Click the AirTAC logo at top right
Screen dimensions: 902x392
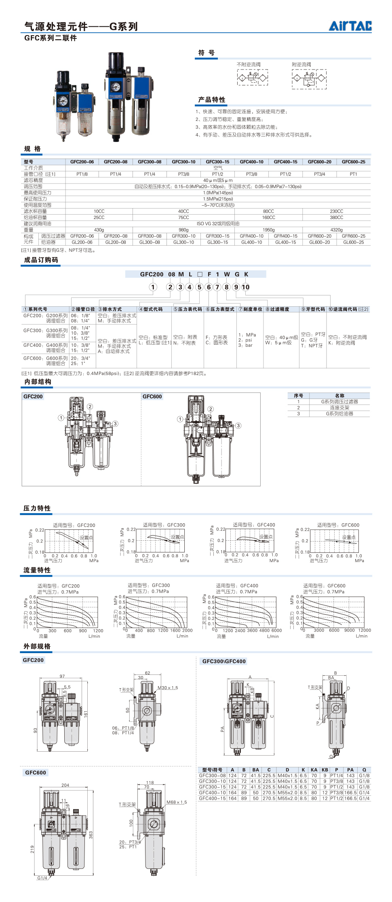coord(350,26)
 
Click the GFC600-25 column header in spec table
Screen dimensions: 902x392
coord(353,162)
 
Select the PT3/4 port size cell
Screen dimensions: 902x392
coord(319,174)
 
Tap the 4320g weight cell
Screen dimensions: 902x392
coord(336,230)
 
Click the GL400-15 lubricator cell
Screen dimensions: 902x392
coord(285,242)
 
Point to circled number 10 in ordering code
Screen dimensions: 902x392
coord(245,287)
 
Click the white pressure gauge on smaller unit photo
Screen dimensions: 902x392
coord(63,101)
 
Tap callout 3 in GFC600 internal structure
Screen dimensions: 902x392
coord(238,426)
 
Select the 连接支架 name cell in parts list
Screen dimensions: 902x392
coord(339,408)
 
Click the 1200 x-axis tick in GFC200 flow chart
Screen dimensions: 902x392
coord(98,631)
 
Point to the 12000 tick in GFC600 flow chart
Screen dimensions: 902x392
coord(364,630)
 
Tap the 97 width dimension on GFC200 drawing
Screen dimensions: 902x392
coord(62,676)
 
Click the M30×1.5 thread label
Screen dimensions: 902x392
coord(168,688)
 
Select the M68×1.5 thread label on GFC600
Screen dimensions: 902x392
coord(177,802)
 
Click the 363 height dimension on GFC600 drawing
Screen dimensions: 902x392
coord(91,834)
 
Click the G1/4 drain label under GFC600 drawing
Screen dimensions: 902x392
coord(42,878)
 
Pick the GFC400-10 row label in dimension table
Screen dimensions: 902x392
coord(212,792)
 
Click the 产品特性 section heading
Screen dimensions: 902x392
coord(211,100)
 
